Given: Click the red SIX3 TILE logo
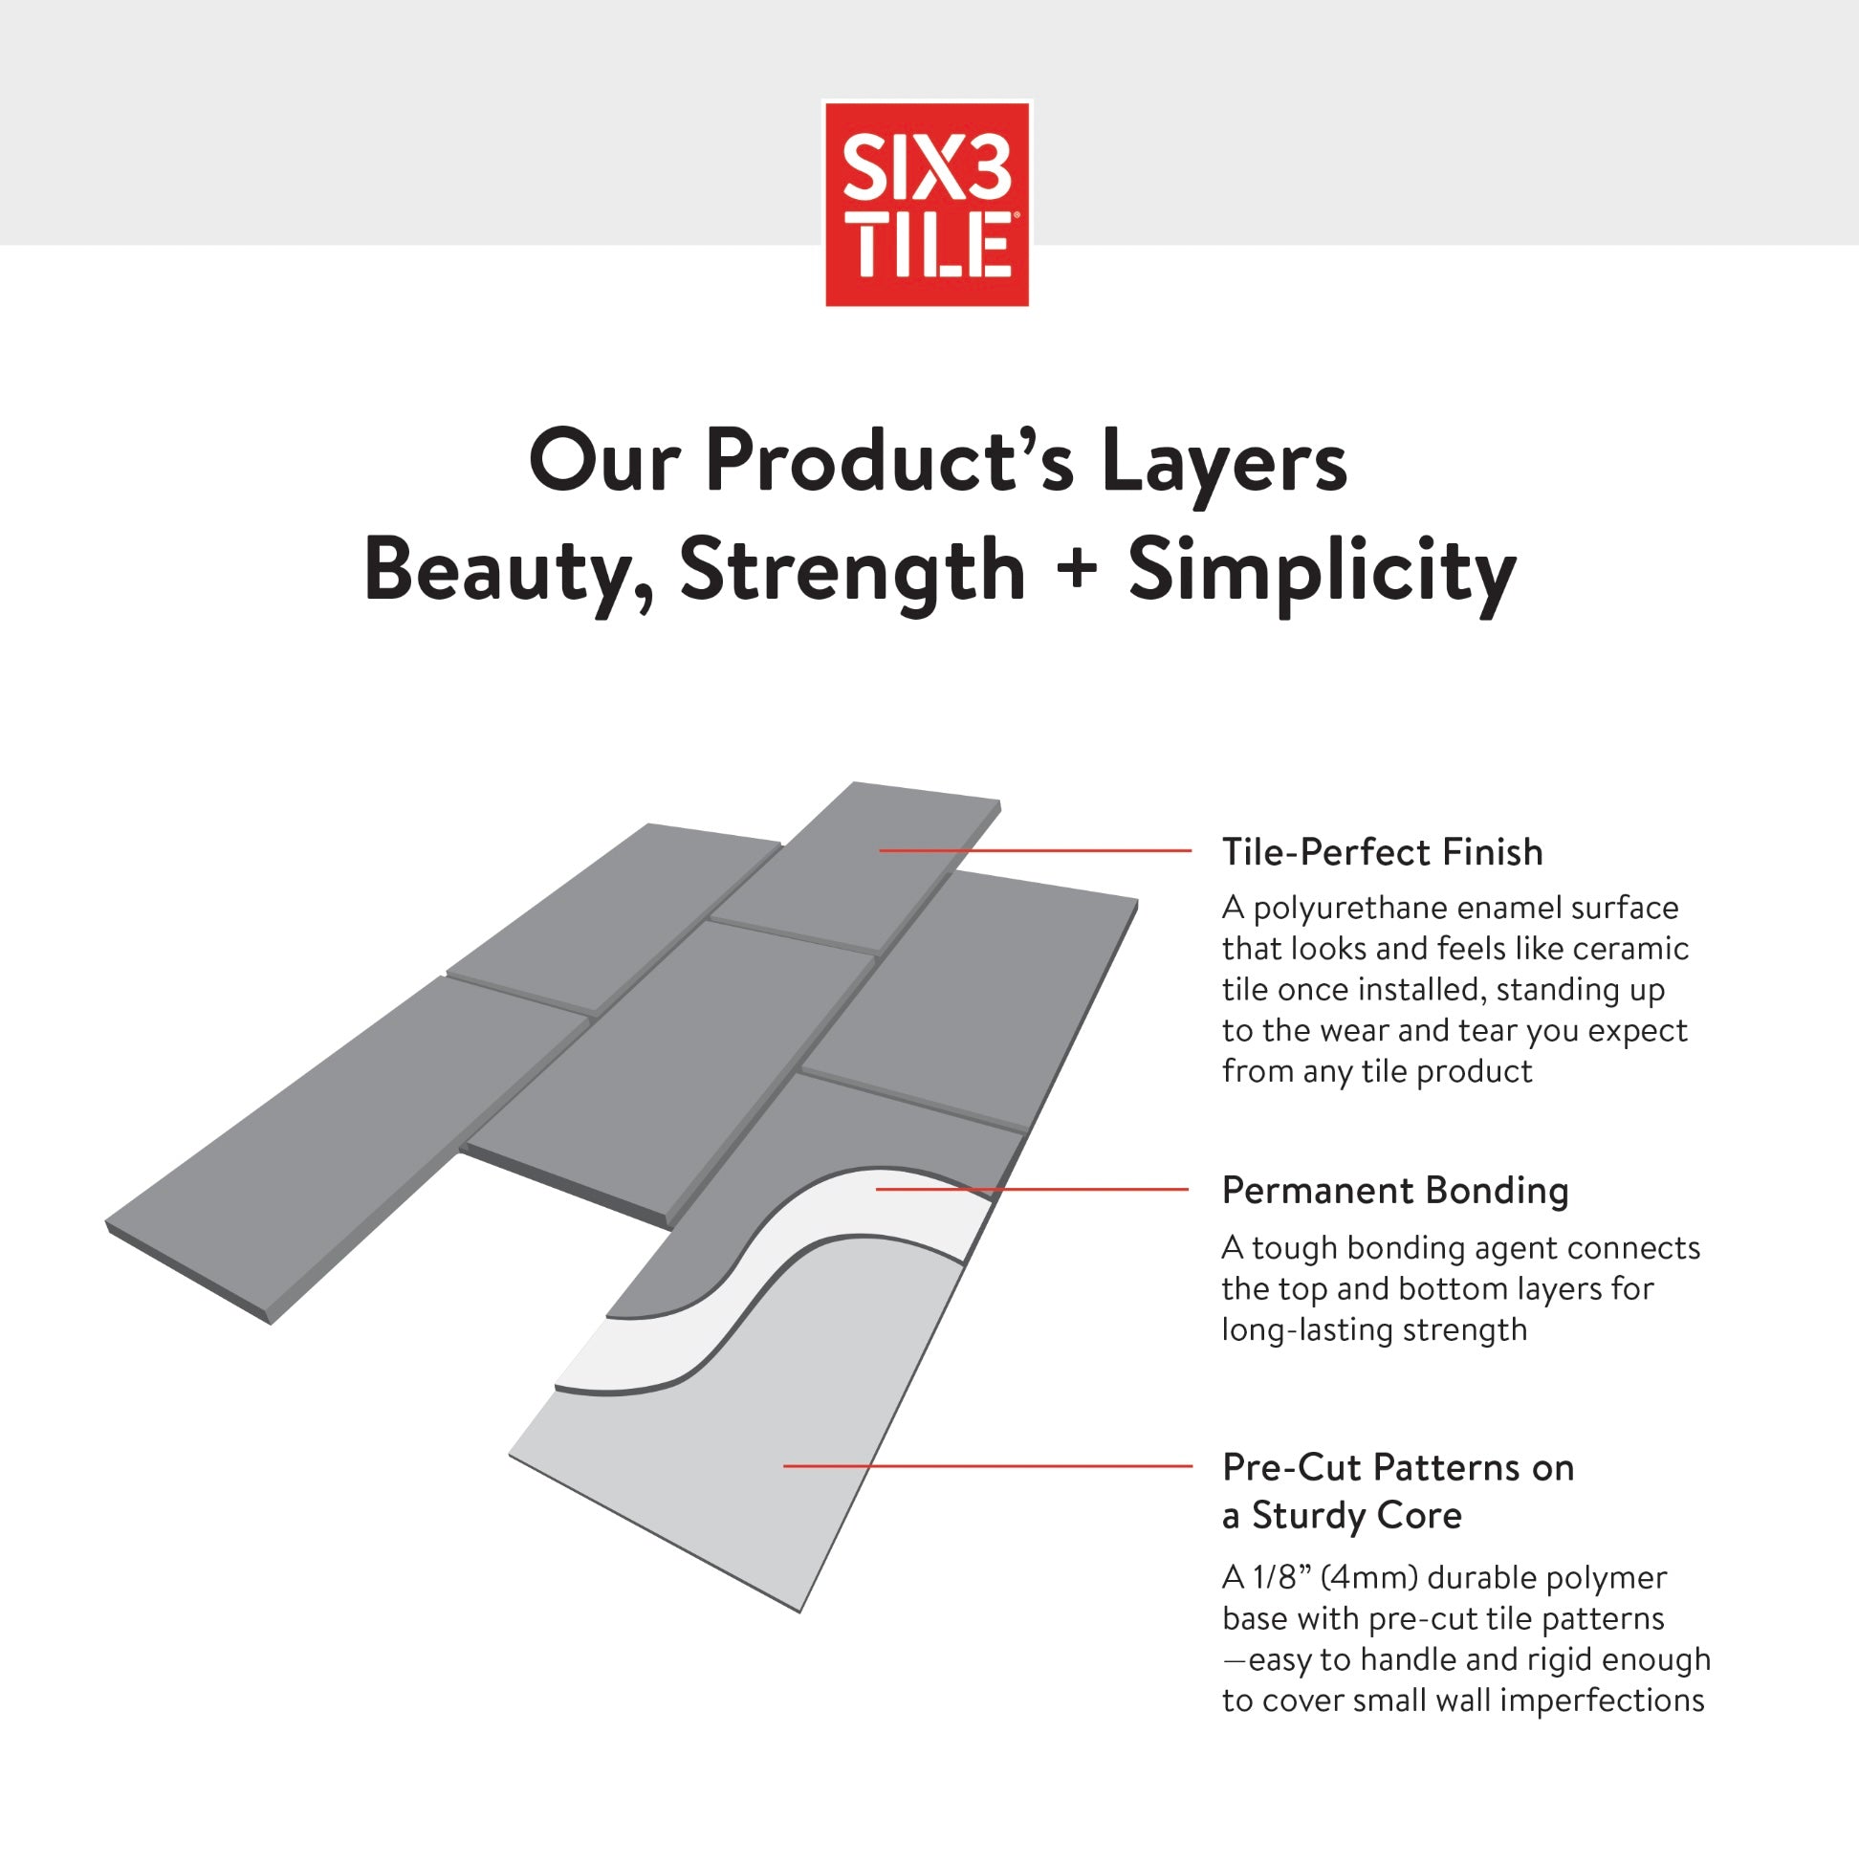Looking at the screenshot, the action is (x=927, y=203).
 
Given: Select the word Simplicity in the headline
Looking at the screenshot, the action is (x=1323, y=574).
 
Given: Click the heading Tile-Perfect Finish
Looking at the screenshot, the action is (x=1382, y=852).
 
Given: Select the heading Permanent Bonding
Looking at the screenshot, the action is (x=1395, y=1191).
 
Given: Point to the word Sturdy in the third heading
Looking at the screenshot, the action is (x=1309, y=1516).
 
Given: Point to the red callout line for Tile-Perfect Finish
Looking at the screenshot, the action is (x=1035, y=850).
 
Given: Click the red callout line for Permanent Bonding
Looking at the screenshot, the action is (x=1032, y=1189).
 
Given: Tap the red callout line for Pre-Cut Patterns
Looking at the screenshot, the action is (x=988, y=1466).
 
